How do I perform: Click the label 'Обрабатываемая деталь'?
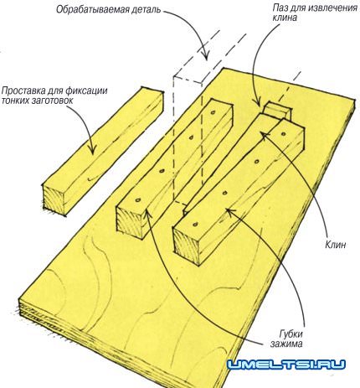point(108,10)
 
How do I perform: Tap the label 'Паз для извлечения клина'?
point(315,13)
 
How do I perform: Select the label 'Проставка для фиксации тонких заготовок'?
point(54,96)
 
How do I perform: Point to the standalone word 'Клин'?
point(336,245)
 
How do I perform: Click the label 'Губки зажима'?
point(286,339)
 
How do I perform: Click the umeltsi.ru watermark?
point(286,365)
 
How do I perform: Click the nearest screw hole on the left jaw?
point(138,200)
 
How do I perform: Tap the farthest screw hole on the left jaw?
point(213,113)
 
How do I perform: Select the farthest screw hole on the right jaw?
point(283,134)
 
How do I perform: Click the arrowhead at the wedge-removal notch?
point(259,102)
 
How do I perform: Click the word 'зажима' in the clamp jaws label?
point(286,344)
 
